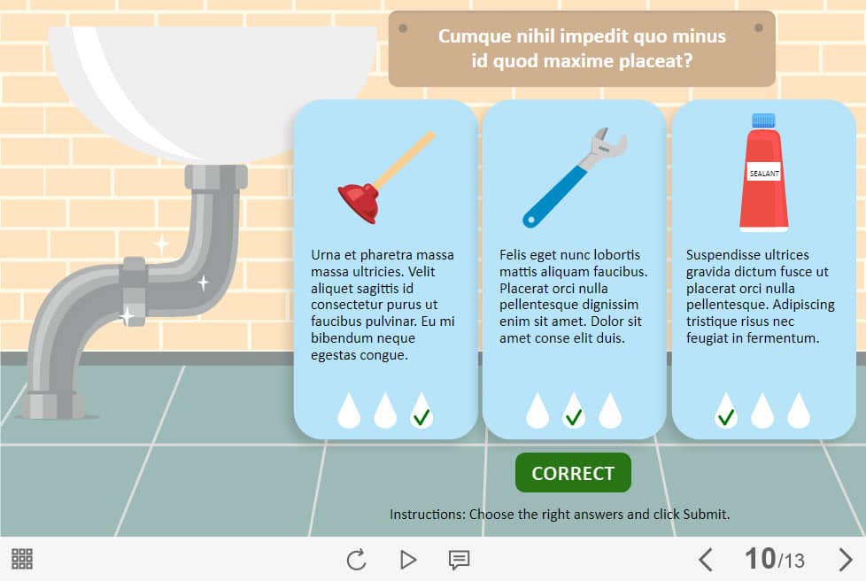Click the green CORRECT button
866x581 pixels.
[573, 473]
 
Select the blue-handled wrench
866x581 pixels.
[575, 178]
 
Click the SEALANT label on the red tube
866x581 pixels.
[764, 174]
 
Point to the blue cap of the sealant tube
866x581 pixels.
[763, 120]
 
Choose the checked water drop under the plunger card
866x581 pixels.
[421, 411]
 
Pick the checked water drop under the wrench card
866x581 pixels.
[573, 411]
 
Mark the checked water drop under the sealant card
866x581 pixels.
[726, 411]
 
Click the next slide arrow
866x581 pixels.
[846, 560]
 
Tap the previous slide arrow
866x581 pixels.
[705, 560]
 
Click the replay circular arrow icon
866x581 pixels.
[356, 560]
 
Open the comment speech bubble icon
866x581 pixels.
[459, 560]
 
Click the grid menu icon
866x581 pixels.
[22, 559]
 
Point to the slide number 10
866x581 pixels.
[760, 559]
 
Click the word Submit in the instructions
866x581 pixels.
[706, 515]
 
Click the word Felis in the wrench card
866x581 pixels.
[513, 254]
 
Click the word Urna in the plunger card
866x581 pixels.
[325, 254]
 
